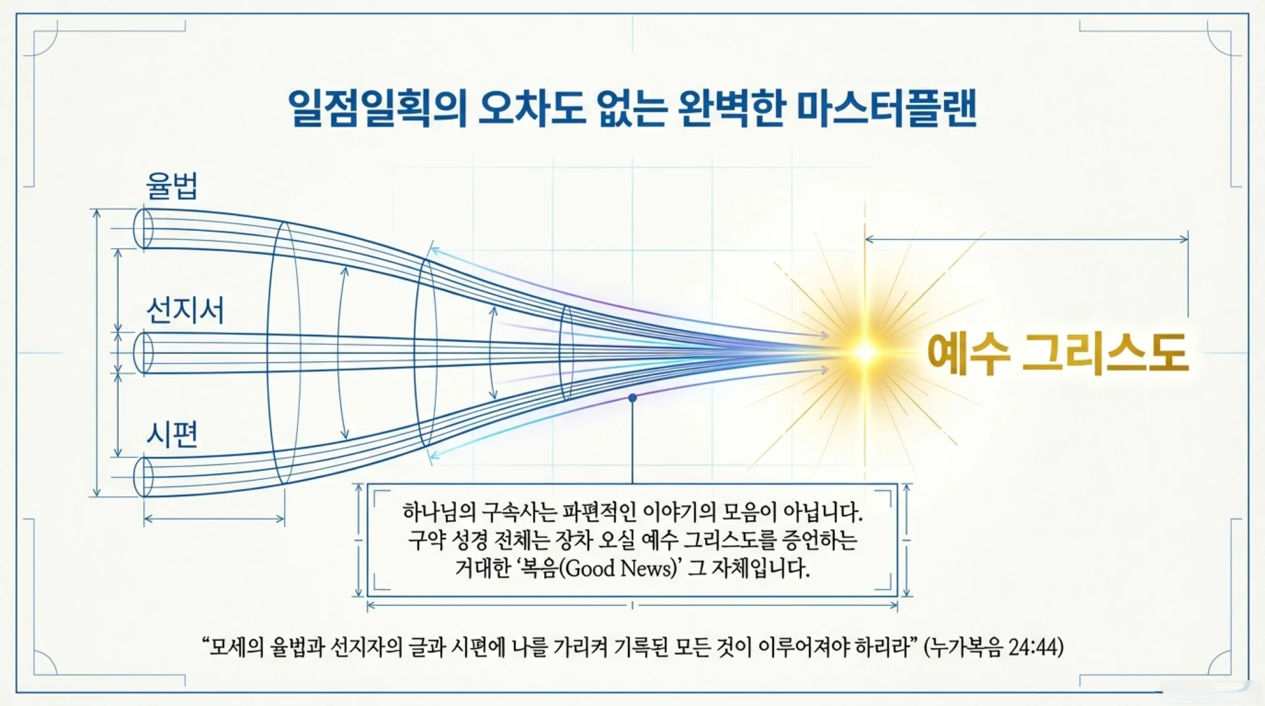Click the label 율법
[x=171, y=187]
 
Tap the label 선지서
[x=185, y=310]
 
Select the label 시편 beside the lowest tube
[x=172, y=434]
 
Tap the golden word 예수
[x=968, y=353]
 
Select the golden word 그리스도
[x=1105, y=353]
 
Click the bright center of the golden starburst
[x=864, y=353]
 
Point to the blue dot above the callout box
[x=632, y=398]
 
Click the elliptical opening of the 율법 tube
[x=143, y=229]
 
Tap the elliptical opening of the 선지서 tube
[x=143, y=353]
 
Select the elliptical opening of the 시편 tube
[x=143, y=477]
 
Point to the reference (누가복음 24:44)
[x=994, y=647]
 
